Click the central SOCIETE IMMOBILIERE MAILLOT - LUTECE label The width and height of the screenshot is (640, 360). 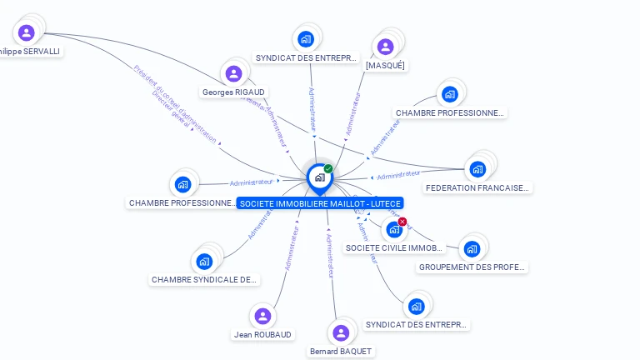pos(320,203)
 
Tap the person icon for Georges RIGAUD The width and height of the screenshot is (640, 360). pos(233,73)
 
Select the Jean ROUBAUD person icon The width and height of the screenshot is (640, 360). pos(262,316)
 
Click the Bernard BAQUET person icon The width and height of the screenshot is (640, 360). pos(340,332)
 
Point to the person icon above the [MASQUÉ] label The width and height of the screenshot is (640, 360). pos(385,47)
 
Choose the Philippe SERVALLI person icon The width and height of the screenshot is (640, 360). pos(26,32)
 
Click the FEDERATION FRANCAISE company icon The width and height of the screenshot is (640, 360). pos(477,169)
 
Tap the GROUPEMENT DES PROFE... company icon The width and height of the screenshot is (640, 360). pos(472,248)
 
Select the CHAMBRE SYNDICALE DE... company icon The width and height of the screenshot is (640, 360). pos(204,262)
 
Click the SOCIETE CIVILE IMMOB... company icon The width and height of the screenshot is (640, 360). pos(393,229)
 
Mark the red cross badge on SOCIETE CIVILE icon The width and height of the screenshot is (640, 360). pos(402,222)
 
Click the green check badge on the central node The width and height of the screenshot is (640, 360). pos(328,169)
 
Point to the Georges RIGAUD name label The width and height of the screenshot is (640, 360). pos(234,92)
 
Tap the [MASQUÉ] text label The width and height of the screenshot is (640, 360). pos(385,65)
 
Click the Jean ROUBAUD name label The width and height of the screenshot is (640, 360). pos(262,334)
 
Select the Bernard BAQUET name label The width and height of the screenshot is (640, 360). pos(340,352)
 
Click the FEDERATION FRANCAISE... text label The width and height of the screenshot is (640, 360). pos(477,188)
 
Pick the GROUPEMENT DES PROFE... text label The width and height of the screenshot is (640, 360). pos(472,267)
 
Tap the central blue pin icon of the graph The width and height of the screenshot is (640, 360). pos(318,177)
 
